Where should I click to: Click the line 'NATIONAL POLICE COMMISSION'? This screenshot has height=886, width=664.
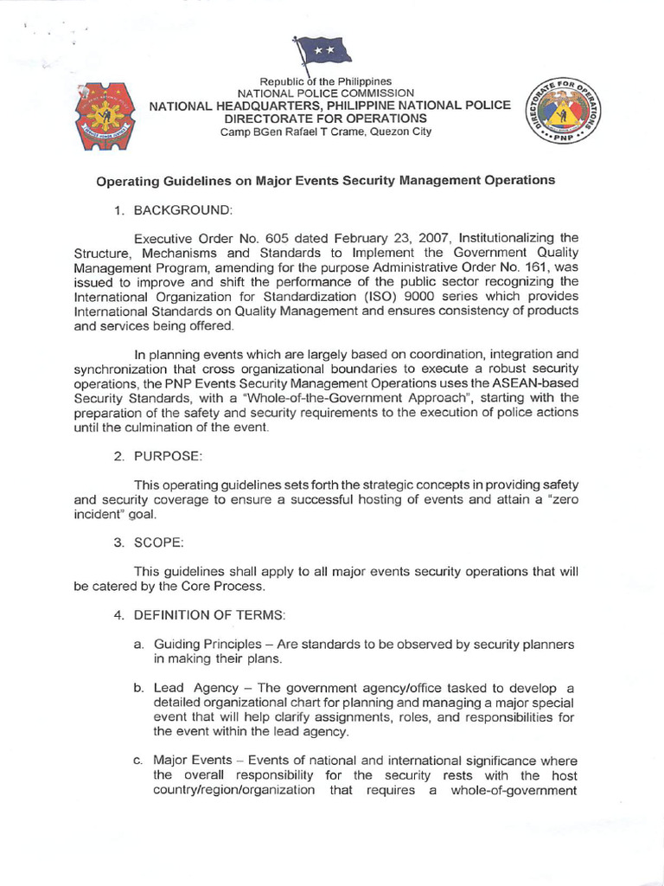point(327,93)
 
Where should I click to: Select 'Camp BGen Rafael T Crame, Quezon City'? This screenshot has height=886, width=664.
point(326,132)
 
